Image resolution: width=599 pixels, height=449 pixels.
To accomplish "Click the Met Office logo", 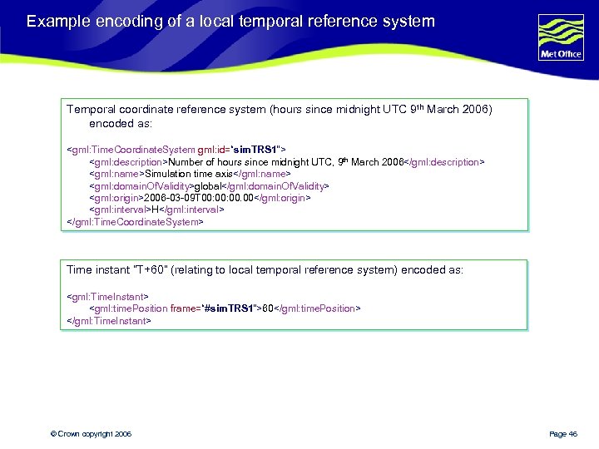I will point(561,38).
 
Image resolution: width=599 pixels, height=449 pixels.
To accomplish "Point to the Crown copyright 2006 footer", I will point(91,434).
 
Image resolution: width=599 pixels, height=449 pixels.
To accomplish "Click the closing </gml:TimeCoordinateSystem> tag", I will point(135,222).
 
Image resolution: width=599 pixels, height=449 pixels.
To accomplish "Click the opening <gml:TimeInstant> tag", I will point(107,296).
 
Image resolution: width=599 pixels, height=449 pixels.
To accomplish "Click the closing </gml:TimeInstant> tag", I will point(109,320).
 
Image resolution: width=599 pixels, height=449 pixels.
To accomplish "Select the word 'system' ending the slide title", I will point(408,21).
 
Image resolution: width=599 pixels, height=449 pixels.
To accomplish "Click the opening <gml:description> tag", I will point(129,162).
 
